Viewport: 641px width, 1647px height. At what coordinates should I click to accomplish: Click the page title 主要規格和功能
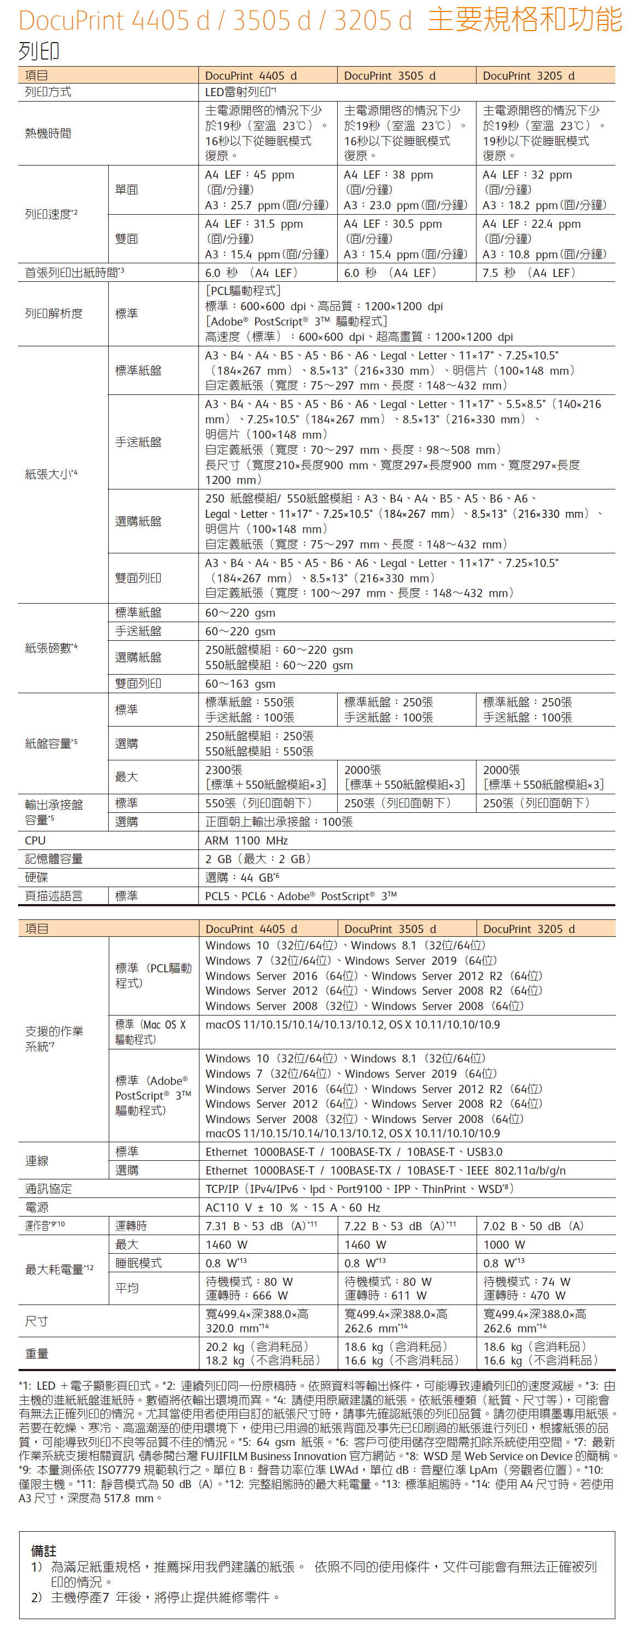click(524, 20)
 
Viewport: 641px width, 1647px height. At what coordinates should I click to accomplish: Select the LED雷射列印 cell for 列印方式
click(240, 92)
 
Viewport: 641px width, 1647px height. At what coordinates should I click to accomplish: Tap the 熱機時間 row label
click(48, 134)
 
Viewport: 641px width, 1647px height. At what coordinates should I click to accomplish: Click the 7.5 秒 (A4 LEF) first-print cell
click(529, 273)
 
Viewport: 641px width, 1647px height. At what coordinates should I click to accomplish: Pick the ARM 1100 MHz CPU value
click(246, 840)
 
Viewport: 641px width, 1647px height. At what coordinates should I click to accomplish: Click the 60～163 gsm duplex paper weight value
click(240, 683)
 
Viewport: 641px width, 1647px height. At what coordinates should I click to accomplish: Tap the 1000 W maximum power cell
click(503, 1244)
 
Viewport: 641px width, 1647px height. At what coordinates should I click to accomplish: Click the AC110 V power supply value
click(292, 1207)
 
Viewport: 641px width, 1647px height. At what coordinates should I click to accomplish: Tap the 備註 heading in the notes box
click(44, 1550)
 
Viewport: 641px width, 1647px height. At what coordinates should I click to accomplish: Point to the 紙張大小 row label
click(51, 474)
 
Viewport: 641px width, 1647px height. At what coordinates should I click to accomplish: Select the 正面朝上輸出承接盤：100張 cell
click(278, 822)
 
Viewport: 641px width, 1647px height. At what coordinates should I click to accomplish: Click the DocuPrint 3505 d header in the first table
click(390, 75)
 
